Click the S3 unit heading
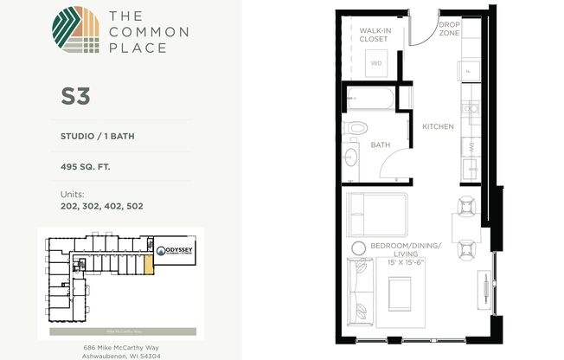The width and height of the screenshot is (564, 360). (76, 96)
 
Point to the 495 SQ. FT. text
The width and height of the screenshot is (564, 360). (86, 168)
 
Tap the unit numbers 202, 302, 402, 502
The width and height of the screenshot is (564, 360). (102, 206)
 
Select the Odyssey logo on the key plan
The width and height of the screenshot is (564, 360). (174, 245)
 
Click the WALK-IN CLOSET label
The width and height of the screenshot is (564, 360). (376, 35)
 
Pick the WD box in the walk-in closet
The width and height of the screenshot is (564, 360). (377, 63)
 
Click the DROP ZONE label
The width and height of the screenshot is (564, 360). (449, 28)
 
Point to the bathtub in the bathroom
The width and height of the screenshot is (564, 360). (369, 100)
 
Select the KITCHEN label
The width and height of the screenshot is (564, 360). (438, 127)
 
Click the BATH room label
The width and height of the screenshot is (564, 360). (381, 145)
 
